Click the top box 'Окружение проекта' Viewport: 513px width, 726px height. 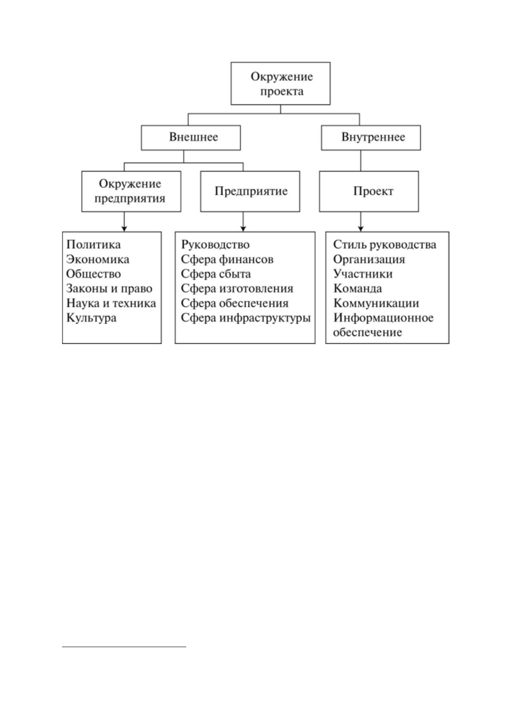pyautogui.click(x=280, y=83)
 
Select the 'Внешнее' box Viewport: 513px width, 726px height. pyautogui.click(x=191, y=138)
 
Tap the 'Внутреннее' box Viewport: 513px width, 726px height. pyautogui.click(x=371, y=138)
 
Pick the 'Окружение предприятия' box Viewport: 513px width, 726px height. pyautogui.click(x=131, y=191)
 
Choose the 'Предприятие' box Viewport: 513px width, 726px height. pyautogui.click(x=250, y=191)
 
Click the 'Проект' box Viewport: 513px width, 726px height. pyautogui.click(x=369, y=191)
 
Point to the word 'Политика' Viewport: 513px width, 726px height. pyautogui.click(x=94, y=244)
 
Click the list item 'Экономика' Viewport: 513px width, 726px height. pyautogui.click(x=97, y=259)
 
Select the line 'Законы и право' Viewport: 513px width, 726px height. pyautogui.click(x=109, y=288)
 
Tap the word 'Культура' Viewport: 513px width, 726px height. pyautogui.click(x=91, y=318)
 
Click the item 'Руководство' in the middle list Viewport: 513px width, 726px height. pyautogui.click(x=215, y=244)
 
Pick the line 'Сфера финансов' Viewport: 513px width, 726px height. pyautogui.click(x=227, y=259)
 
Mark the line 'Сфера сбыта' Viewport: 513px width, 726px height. pyautogui.click(x=216, y=274)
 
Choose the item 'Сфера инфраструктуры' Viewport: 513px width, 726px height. pyautogui.click(x=246, y=318)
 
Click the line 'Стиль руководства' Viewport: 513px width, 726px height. pyautogui.click(x=385, y=244)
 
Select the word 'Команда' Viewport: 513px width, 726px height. pyautogui.click(x=357, y=288)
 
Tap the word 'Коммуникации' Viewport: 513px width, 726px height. pyautogui.click(x=376, y=303)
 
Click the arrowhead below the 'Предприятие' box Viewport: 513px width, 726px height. pyautogui.click(x=243, y=229)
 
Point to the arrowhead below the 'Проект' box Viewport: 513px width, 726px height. pyautogui.click(x=361, y=229)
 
